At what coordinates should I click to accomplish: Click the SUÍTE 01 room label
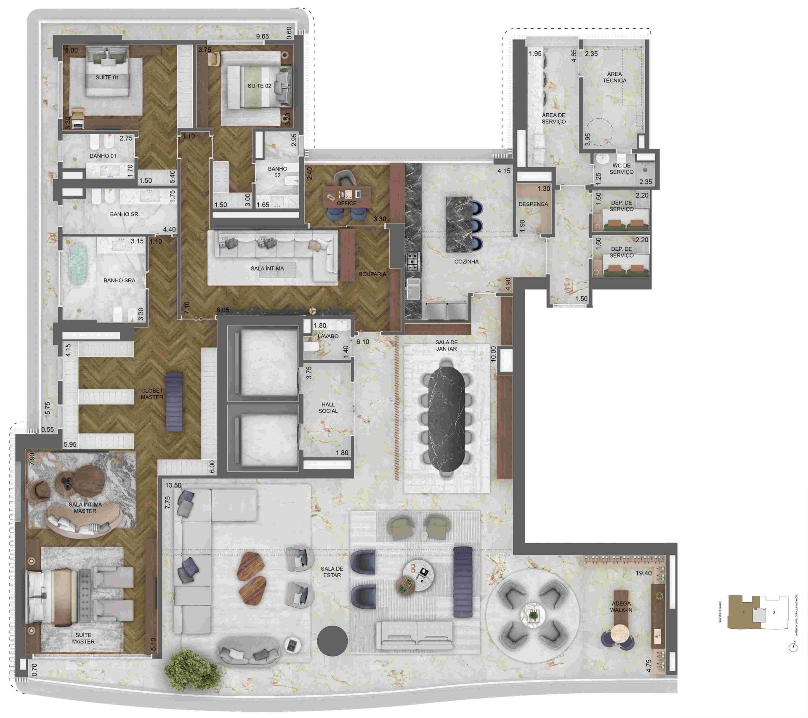point(107,77)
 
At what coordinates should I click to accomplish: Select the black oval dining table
point(447,419)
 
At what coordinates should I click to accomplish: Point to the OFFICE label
point(346,203)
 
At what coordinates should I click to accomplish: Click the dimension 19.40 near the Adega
point(643,573)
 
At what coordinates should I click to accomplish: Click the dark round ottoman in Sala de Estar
point(332,641)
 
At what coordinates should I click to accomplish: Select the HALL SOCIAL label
point(328,407)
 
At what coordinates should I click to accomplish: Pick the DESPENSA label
point(533,204)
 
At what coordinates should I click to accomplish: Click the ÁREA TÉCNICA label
point(614,77)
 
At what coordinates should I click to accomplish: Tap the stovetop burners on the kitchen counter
point(412,261)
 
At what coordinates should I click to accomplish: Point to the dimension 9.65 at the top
point(262,37)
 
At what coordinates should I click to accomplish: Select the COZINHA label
point(466,261)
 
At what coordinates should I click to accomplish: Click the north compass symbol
point(793,647)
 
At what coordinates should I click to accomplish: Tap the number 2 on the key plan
point(774,613)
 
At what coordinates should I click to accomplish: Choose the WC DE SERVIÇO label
point(621,169)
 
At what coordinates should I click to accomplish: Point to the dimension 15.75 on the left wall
point(48,409)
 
